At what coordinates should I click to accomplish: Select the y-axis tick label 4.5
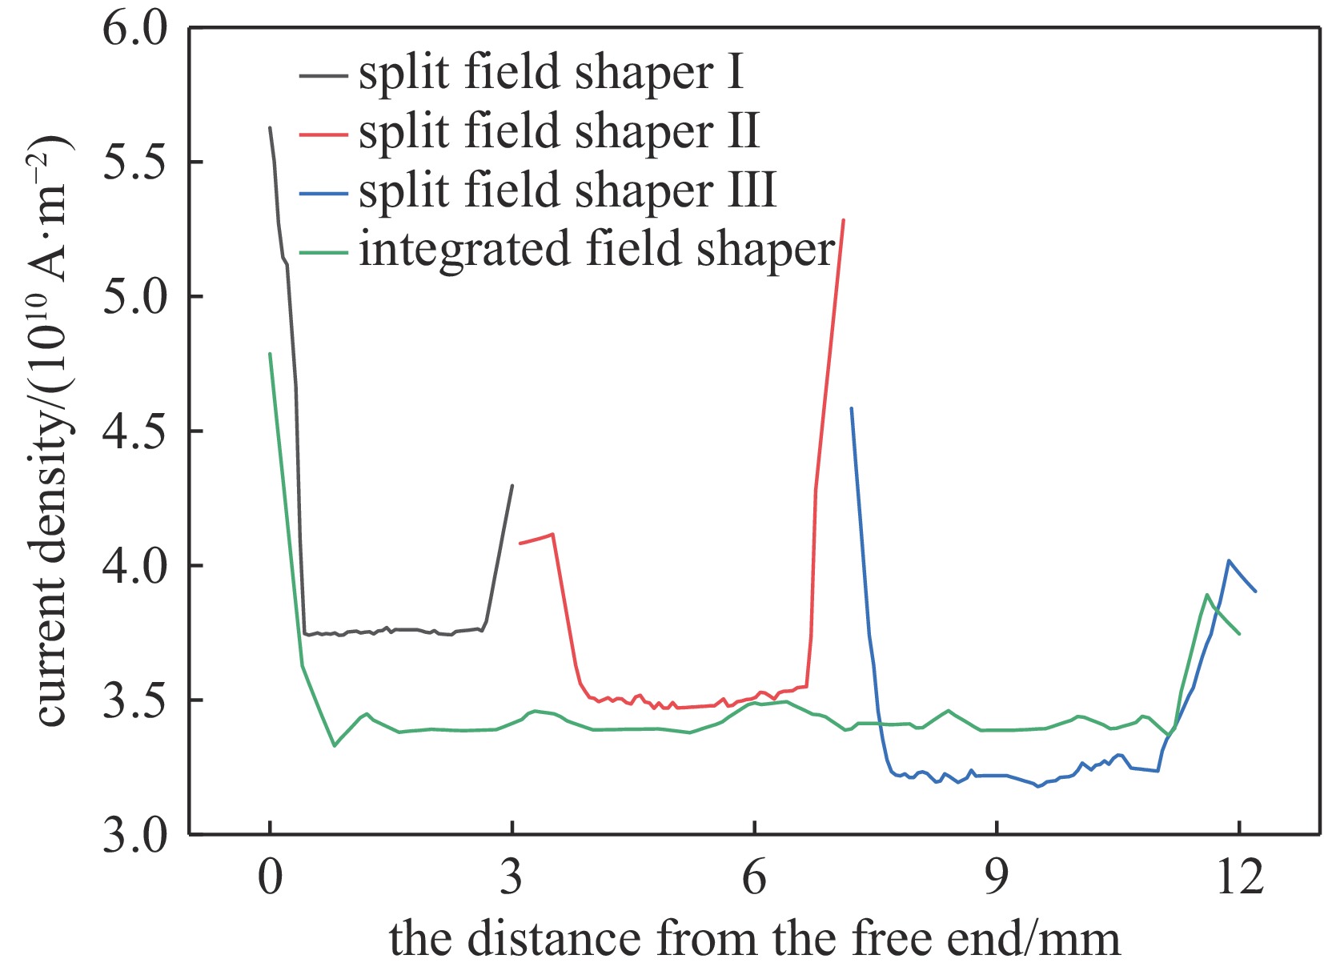click(135, 431)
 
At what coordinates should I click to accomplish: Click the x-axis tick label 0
click(271, 878)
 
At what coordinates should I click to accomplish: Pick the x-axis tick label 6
click(754, 878)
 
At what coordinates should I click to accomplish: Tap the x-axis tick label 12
click(1238, 878)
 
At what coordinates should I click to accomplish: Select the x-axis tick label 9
click(996, 878)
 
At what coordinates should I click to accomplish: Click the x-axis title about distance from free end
click(754, 939)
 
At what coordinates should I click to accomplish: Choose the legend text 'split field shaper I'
click(551, 73)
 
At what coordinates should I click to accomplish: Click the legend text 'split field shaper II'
click(559, 131)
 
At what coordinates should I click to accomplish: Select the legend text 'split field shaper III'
click(568, 191)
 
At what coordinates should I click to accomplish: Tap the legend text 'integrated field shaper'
click(596, 249)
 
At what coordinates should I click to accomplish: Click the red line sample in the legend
click(323, 134)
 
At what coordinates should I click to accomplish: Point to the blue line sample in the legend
click(323, 193)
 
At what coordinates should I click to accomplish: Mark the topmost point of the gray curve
click(270, 127)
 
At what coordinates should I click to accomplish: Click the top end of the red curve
click(844, 219)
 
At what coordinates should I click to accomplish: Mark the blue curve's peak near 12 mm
click(1228, 560)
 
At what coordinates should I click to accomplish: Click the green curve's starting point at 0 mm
click(270, 353)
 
